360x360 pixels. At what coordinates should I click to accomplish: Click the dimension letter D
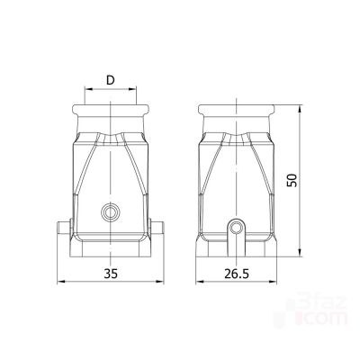(x=111, y=80)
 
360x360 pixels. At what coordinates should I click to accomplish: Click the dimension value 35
(x=111, y=274)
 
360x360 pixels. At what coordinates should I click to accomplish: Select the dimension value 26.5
(x=237, y=274)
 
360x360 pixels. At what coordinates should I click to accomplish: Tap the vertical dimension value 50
(x=292, y=180)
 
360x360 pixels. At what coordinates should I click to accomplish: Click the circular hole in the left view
(x=111, y=212)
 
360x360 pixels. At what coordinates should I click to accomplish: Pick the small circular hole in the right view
(x=237, y=228)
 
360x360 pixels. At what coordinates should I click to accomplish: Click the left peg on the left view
(x=64, y=229)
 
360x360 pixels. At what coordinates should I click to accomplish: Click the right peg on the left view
(x=157, y=229)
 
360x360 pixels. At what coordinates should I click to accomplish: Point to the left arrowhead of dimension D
(x=88, y=89)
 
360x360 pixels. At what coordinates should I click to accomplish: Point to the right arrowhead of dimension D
(x=132, y=89)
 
